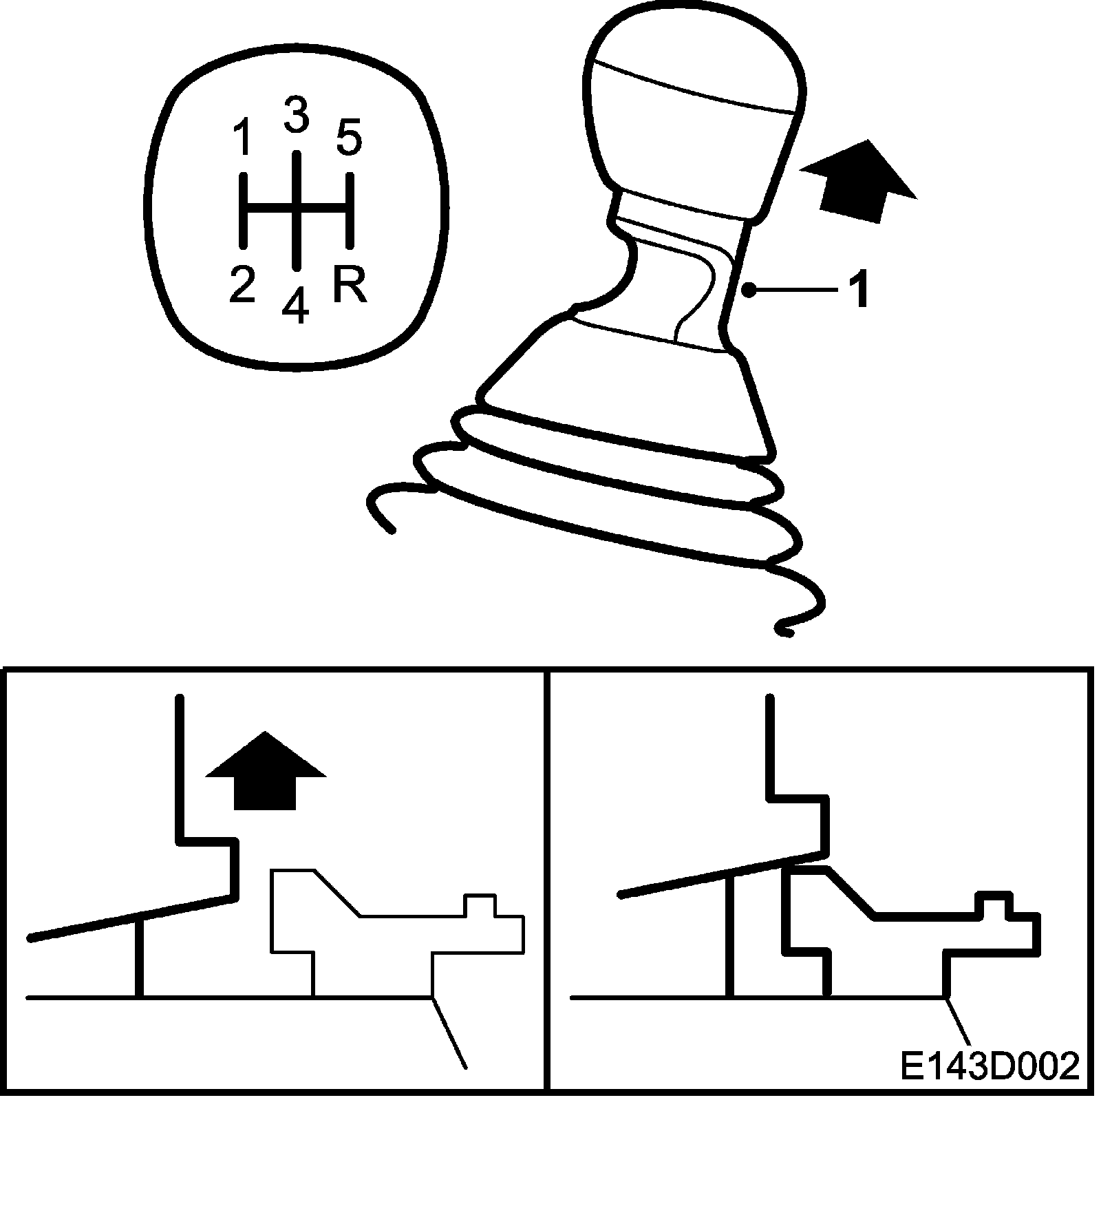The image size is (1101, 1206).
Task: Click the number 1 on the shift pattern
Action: tap(242, 138)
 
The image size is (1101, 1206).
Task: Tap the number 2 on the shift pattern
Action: tap(242, 284)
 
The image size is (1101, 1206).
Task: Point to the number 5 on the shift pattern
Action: tap(349, 138)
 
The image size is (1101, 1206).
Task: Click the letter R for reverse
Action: tap(350, 284)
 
